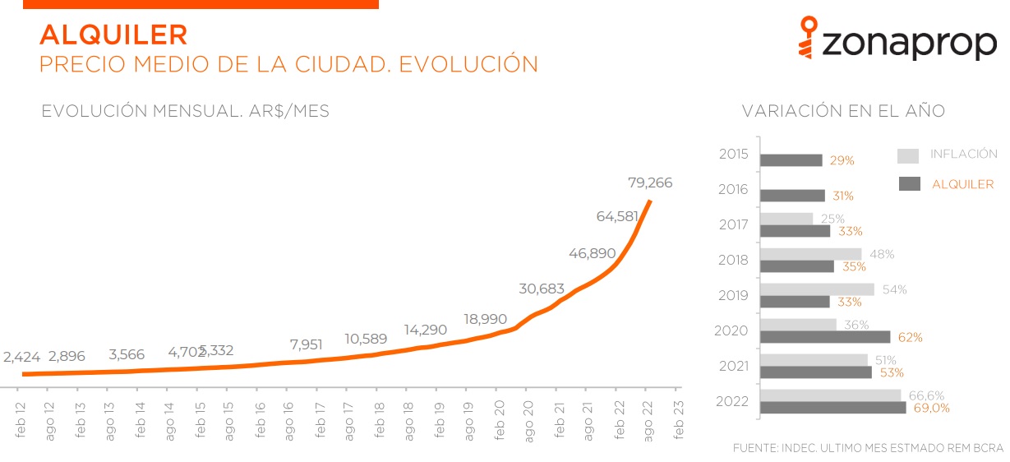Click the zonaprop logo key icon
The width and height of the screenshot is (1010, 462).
coord(810,39)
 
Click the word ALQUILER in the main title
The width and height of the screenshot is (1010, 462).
coord(113,35)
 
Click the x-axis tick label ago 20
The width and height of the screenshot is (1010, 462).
coord(528,420)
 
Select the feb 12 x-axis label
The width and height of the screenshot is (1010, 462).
coord(21,420)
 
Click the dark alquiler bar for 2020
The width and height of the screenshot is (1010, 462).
coord(825,337)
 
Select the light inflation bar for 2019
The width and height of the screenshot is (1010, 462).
coord(817,289)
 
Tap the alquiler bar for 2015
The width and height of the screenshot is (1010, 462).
coord(791,160)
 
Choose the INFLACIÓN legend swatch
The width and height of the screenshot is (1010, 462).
coord(907,156)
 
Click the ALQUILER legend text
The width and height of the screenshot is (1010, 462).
coord(962,184)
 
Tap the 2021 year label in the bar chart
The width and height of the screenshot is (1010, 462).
coord(733,366)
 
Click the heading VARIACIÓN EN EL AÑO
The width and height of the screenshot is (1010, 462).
coord(843,111)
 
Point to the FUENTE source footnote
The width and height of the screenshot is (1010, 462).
coord(867,448)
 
